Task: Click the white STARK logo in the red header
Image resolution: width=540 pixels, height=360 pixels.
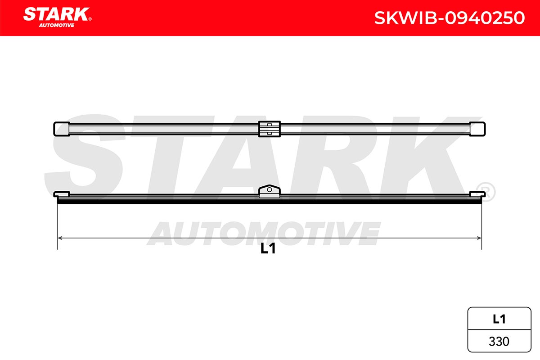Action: [56, 14]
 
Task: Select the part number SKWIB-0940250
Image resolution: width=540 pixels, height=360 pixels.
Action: [450, 18]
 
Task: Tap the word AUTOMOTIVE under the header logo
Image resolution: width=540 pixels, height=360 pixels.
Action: [57, 25]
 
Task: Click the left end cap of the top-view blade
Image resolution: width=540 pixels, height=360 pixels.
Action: [62, 129]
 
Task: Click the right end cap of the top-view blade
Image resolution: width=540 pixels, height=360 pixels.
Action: [477, 129]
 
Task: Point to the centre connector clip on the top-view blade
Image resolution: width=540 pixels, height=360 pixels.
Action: [269, 129]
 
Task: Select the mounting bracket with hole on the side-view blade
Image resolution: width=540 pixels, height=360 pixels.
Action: [270, 191]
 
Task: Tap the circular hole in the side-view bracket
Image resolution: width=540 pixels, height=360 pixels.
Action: [270, 190]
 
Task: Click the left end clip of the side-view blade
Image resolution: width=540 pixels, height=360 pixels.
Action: [62, 194]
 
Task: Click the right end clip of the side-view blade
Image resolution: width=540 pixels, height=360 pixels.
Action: [477, 194]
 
